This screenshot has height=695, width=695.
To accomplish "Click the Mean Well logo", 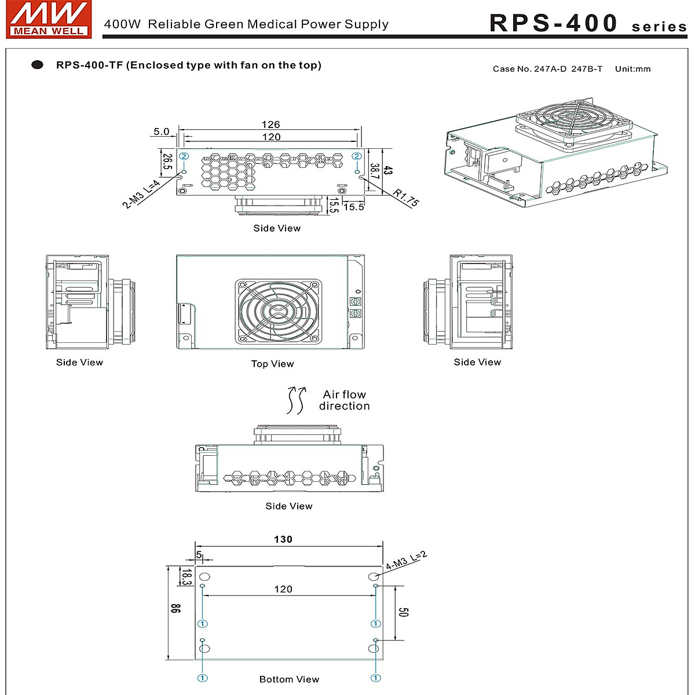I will [x=49, y=20].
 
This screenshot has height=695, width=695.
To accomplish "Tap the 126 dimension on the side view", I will [x=270, y=125].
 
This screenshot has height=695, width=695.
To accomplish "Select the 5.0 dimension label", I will [x=161, y=131].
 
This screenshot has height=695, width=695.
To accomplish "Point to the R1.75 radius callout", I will [x=405, y=198].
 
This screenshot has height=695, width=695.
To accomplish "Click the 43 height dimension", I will [x=388, y=171].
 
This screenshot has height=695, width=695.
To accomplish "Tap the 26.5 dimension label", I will [x=167, y=162].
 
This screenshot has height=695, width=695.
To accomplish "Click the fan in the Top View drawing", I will [x=278, y=311].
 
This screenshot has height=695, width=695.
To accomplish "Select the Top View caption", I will [x=272, y=364].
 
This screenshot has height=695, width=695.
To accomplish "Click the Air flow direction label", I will [x=344, y=400].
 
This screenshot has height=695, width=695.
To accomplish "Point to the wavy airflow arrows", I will [x=296, y=400].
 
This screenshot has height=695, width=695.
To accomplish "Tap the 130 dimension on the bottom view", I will [x=283, y=539].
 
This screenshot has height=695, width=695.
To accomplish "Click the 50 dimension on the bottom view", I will [x=404, y=612].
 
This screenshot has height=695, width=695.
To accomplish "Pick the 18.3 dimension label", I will [x=186, y=577].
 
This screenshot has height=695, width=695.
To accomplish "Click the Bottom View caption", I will [x=289, y=679].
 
